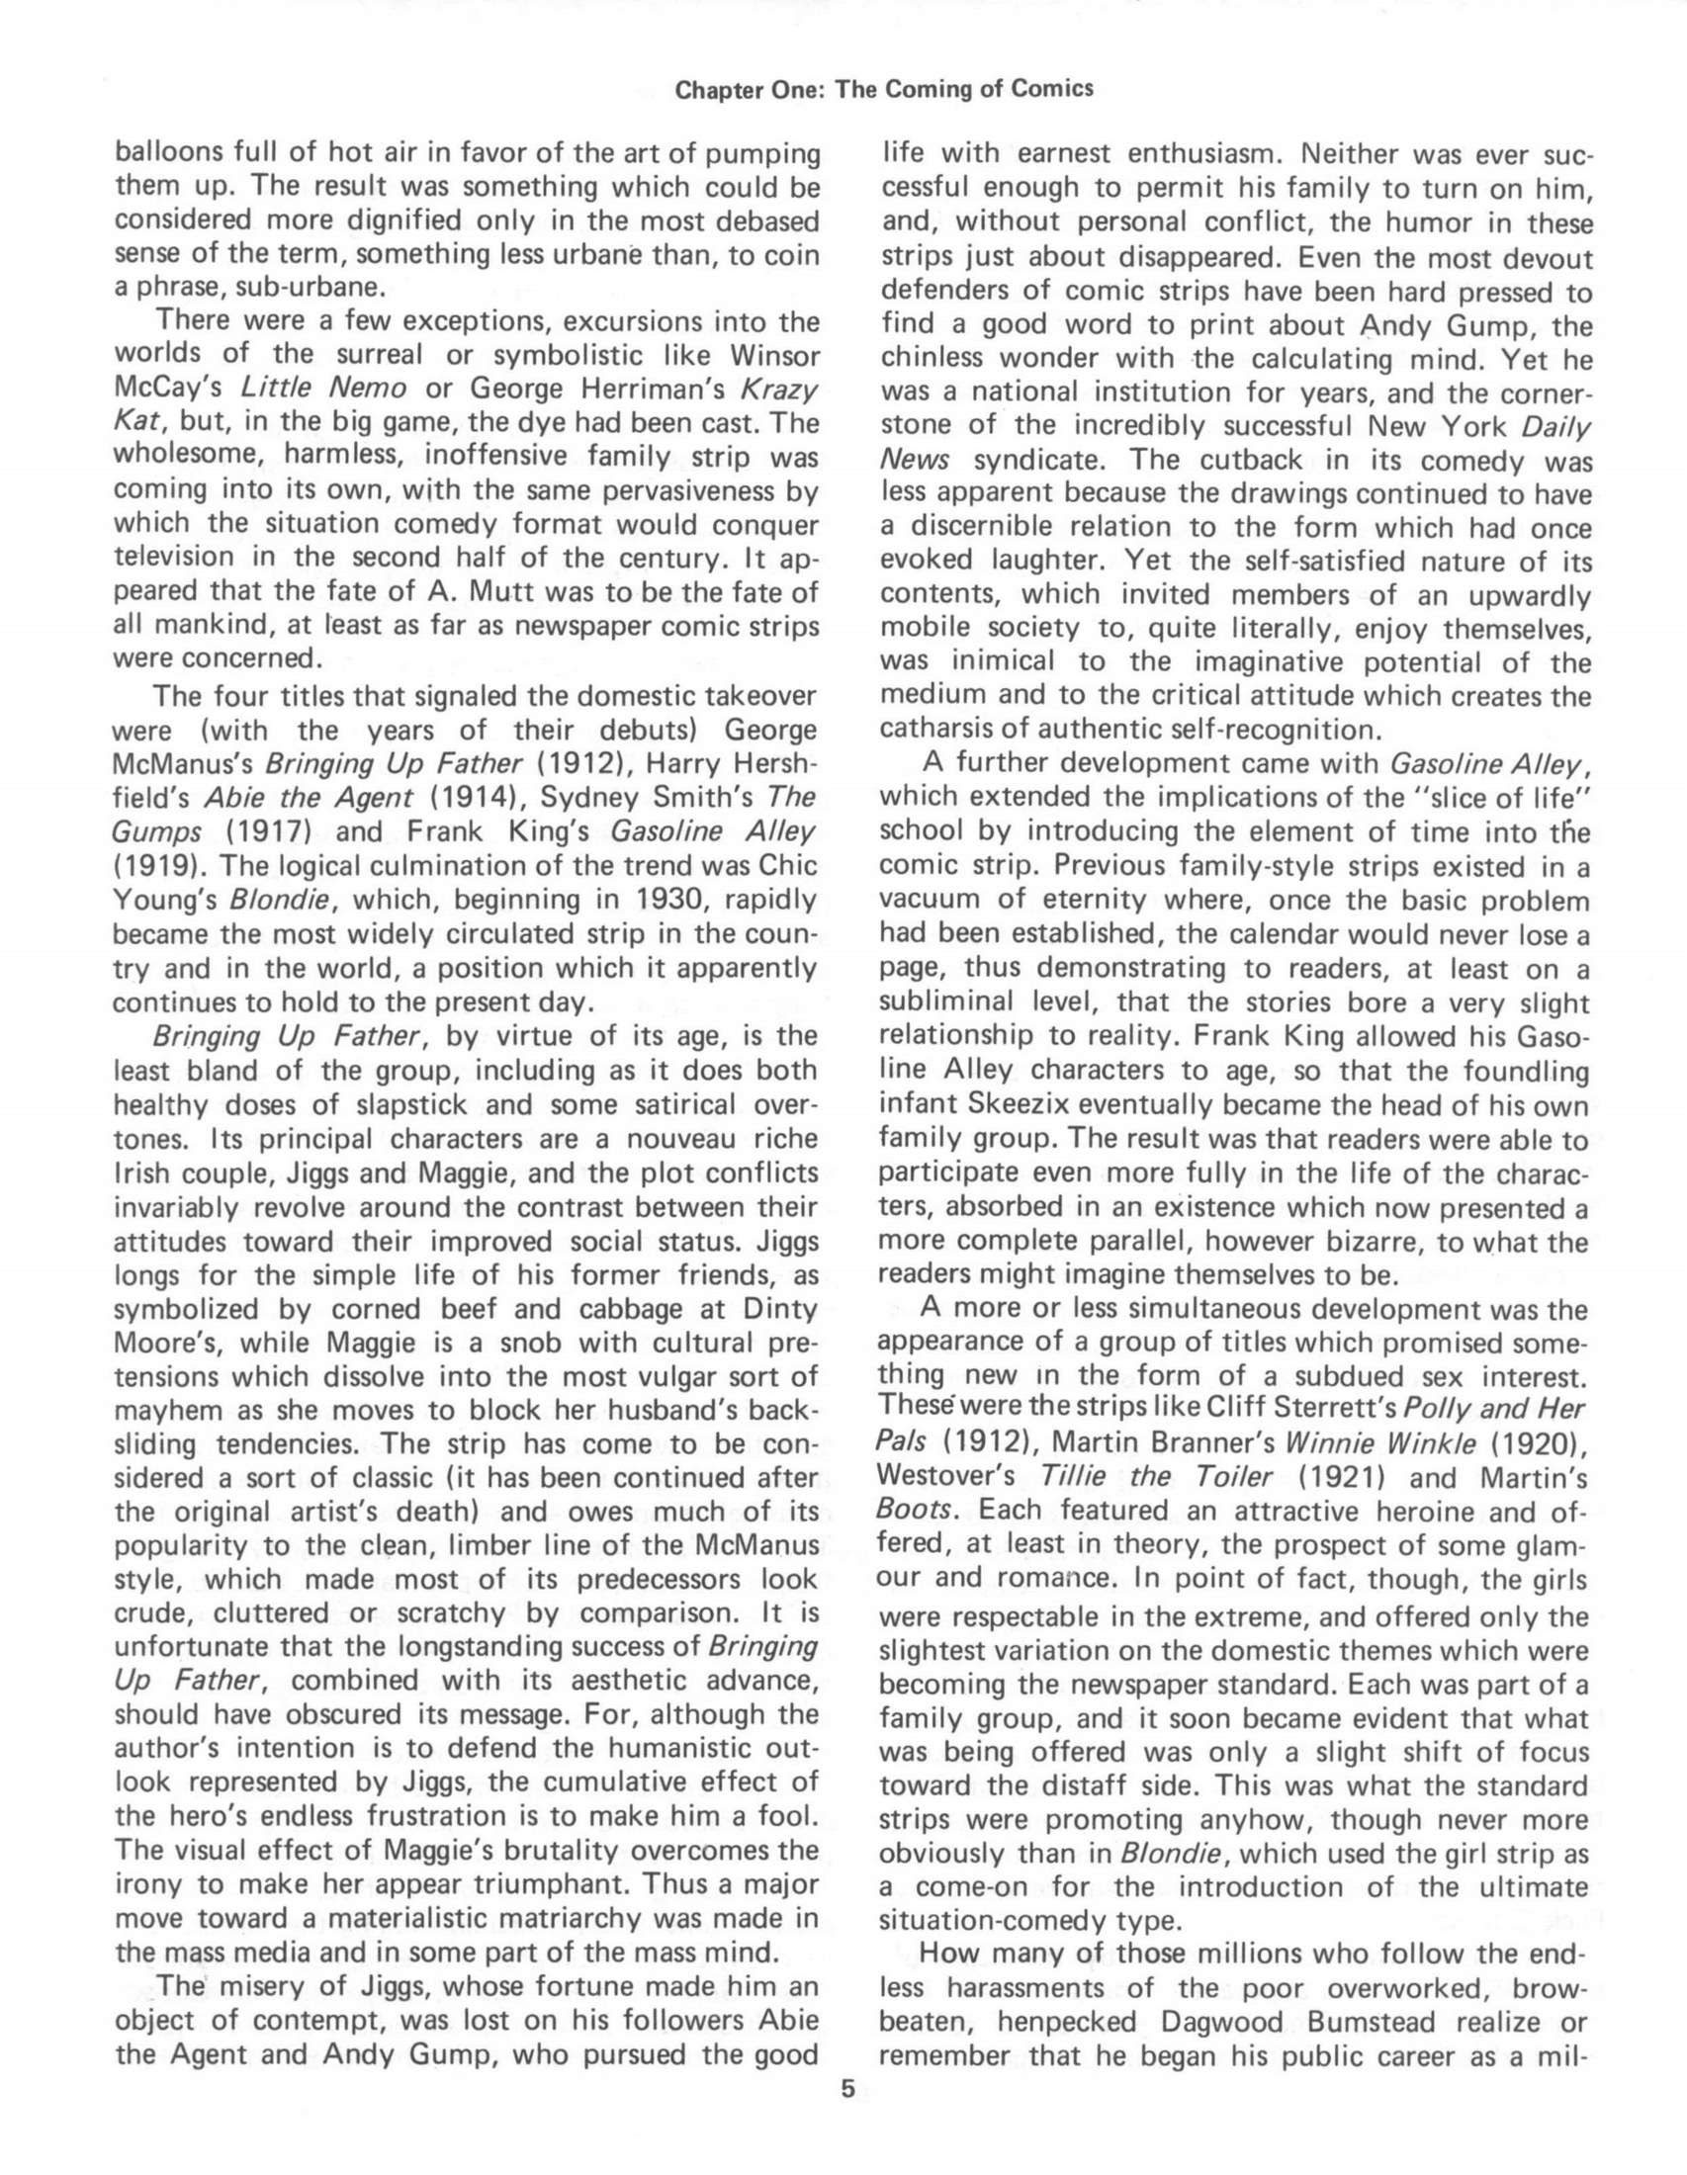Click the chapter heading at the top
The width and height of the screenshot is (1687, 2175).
(x=883, y=89)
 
